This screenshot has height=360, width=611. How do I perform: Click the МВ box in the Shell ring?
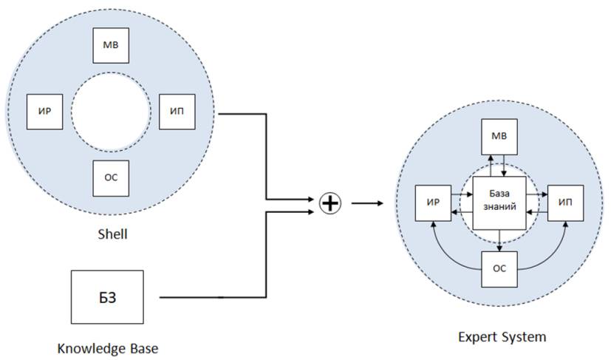[x=111, y=46]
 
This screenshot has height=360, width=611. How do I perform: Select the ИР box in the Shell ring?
[x=44, y=111]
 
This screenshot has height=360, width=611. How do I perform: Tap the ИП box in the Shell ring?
[x=177, y=111]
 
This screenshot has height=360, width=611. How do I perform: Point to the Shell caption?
[x=112, y=234]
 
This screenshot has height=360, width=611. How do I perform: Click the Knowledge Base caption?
[x=108, y=347]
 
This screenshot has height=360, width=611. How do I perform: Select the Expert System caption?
[x=502, y=337]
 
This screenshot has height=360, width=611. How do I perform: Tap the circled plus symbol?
[x=330, y=203]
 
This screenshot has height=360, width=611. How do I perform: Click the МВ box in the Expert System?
[x=499, y=137]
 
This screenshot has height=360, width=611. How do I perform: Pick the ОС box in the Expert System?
[x=499, y=268]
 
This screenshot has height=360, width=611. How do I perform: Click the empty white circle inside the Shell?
[x=111, y=112]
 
